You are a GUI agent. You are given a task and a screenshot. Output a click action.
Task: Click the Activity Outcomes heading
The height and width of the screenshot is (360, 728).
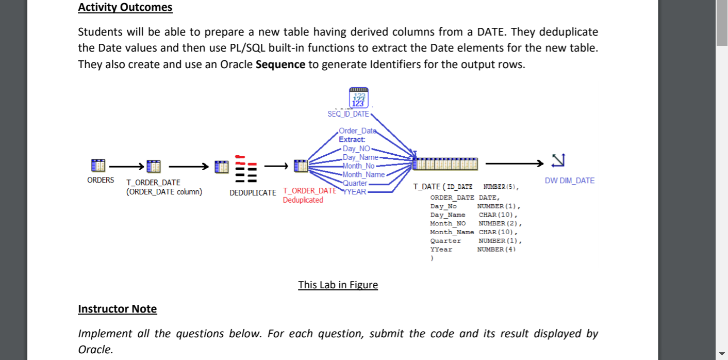pos(125,8)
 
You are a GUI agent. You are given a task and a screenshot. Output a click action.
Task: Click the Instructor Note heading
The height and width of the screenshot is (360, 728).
pos(117,309)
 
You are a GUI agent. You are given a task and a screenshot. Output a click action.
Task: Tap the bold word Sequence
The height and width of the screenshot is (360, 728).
pos(280,64)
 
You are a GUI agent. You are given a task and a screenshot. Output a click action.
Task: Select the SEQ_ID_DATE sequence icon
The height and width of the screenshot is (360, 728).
pos(359,99)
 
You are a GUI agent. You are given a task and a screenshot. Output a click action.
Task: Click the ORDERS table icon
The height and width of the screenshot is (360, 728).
pos(97,166)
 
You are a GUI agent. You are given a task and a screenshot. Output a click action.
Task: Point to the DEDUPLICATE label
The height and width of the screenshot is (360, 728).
pos(253,192)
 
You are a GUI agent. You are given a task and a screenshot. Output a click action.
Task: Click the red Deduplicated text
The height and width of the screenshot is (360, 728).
pos(303,200)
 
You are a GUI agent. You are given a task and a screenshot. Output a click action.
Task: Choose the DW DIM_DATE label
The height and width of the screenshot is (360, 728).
pos(569,181)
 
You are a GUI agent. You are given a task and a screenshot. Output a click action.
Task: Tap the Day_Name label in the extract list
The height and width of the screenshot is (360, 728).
pos(360,157)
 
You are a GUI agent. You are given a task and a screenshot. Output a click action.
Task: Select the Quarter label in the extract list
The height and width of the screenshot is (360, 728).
pos(355,183)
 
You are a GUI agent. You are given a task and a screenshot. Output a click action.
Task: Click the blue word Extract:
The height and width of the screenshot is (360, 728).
pos(352,139)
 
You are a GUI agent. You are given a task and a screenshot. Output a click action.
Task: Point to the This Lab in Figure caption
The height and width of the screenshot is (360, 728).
pos(338,285)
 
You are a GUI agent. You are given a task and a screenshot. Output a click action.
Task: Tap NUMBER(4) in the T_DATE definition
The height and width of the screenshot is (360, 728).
pos(497,249)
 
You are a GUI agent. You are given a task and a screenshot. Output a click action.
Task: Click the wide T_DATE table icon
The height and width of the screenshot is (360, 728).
pos(445,163)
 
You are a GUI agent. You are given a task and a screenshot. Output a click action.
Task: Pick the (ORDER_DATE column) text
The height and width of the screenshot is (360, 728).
pos(164,192)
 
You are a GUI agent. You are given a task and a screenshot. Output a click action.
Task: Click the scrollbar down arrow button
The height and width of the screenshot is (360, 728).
pos(721,353)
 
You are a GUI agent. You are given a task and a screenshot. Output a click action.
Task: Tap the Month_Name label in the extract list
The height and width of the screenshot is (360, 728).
pos(363,174)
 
